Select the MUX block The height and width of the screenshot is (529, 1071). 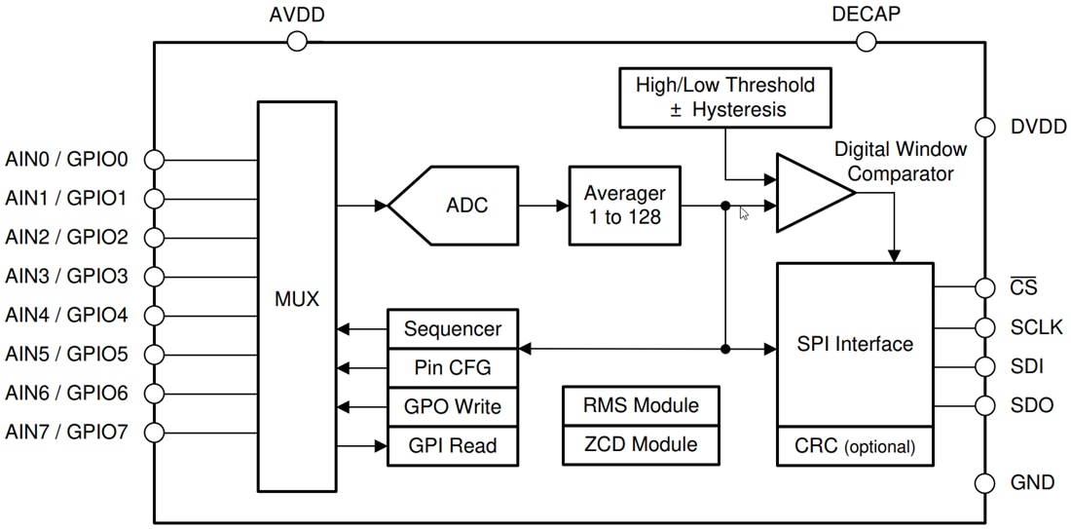click(x=296, y=297)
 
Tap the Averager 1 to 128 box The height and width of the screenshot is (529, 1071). click(x=624, y=206)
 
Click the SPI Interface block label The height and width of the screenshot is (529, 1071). click(x=855, y=344)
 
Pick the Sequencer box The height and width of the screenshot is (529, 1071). click(x=452, y=328)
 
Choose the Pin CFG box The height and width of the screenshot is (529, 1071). click(x=452, y=367)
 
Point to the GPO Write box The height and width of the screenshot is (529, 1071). click(x=452, y=406)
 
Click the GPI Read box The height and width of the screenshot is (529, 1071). click(x=452, y=445)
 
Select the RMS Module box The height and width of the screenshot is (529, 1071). click(x=641, y=405)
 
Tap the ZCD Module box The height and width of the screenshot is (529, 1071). click(x=641, y=444)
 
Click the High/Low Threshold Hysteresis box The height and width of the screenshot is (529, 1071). click(x=725, y=96)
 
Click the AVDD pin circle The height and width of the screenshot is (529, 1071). click(x=297, y=41)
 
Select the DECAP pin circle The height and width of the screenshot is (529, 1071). click(x=866, y=41)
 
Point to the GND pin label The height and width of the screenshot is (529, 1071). click(x=1032, y=483)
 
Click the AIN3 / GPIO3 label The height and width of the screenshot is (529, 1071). click(x=67, y=276)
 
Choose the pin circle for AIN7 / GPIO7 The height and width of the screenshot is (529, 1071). click(x=154, y=432)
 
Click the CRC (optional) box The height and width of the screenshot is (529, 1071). click(x=855, y=446)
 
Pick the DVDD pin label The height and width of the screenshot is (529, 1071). click(x=1038, y=128)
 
